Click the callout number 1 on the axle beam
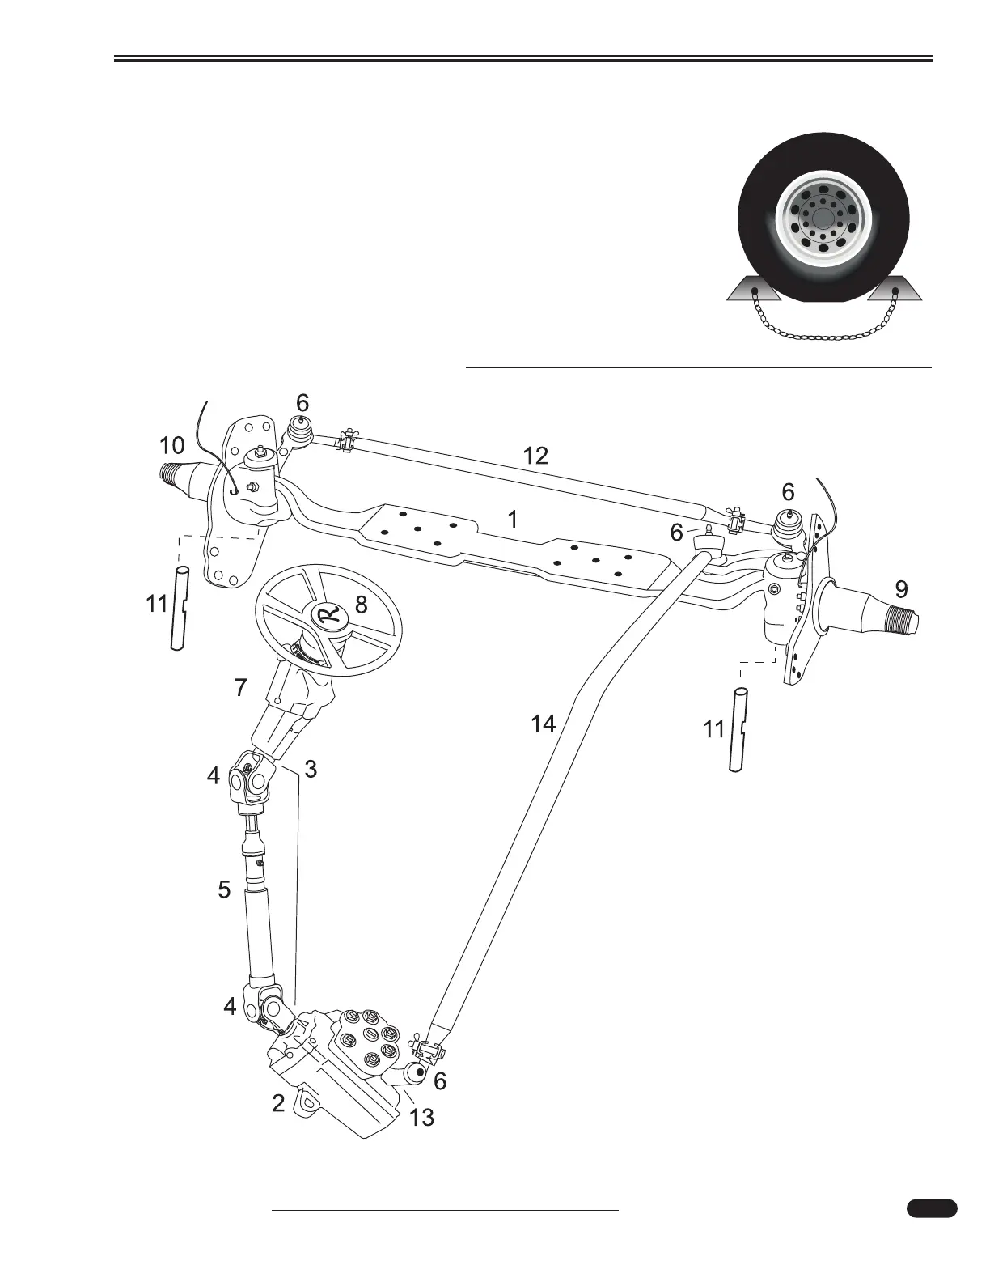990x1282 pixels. [513, 519]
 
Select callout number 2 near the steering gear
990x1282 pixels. [278, 1102]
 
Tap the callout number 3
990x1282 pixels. [311, 769]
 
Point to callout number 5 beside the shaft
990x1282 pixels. [224, 889]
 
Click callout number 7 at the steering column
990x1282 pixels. [240, 687]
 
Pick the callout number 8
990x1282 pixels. [362, 605]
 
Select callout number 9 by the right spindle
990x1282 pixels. [901, 586]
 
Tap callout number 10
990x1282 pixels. [171, 445]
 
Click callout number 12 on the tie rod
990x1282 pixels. [535, 456]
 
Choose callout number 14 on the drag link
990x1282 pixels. [544, 724]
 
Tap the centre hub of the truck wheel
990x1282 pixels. [822, 218]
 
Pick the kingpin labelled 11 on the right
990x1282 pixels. [738, 729]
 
